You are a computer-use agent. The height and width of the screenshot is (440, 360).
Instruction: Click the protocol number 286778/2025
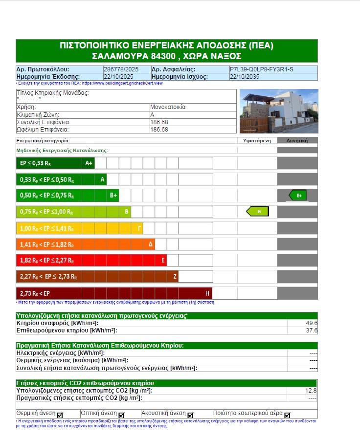tap(119, 69)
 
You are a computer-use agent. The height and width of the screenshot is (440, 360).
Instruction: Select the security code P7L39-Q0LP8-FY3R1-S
tap(262, 69)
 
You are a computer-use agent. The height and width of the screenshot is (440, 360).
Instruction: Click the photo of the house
tap(279, 111)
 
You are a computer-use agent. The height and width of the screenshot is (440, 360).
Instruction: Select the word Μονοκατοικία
tap(168, 107)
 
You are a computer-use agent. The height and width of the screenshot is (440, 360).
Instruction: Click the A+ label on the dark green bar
tap(89, 163)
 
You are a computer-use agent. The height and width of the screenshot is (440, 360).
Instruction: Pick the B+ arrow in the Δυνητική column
tap(298, 196)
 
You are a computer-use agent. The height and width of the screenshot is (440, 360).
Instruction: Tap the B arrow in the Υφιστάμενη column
tap(258, 211)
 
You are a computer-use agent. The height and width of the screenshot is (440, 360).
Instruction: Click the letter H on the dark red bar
tap(207, 293)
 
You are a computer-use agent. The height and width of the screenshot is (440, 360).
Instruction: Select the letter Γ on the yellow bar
tap(139, 228)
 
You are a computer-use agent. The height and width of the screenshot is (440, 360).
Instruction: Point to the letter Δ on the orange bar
tap(151, 244)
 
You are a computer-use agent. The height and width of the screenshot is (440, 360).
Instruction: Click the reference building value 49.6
tap(312, 323)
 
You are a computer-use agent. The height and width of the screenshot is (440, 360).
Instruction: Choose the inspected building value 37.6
tap(312, 330)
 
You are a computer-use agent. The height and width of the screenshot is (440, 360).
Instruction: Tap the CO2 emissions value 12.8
tap(311, 390)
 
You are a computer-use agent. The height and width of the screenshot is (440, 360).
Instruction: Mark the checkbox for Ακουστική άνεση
tap(190, 415)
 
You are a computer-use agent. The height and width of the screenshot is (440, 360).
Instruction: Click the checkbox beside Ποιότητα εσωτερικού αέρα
tap(287, 415)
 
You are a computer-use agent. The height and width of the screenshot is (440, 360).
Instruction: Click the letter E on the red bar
tap(163, 260)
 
